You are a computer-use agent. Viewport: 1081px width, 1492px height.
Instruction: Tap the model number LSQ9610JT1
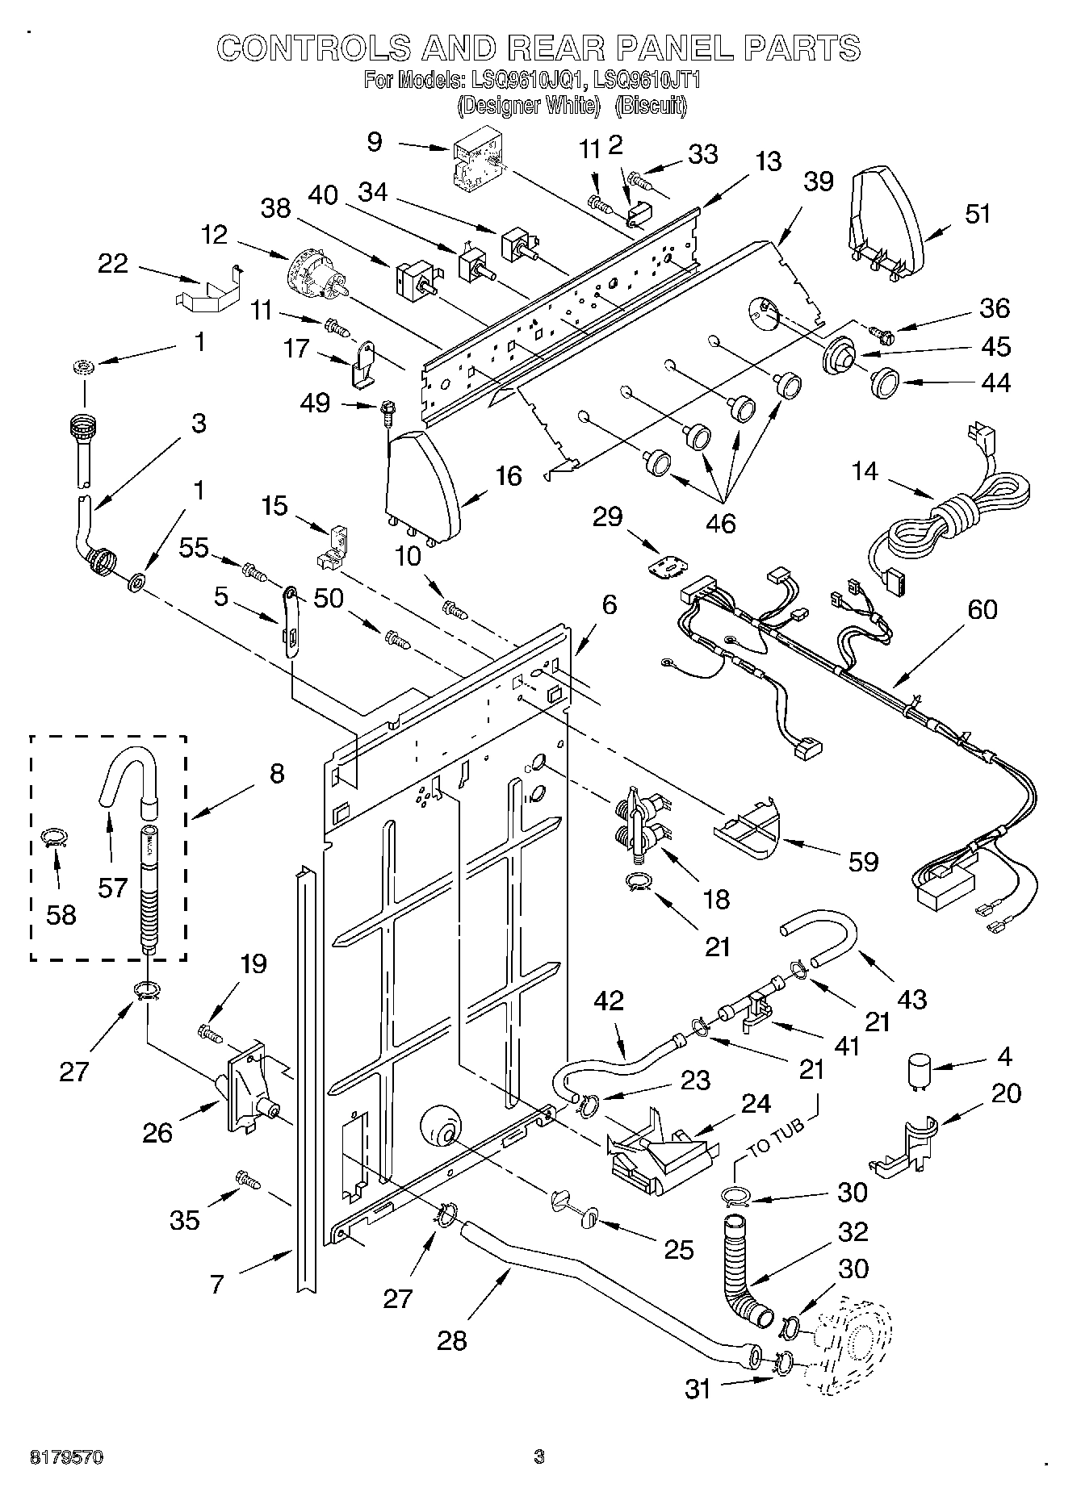point(646,81)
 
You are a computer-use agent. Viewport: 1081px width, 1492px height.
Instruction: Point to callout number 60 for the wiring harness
point(981,610)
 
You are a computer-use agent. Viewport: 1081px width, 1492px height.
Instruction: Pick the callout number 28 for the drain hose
point(451,1340)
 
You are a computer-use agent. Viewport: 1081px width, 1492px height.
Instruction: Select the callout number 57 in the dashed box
point(112,888)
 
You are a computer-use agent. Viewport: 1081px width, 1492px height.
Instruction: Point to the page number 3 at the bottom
point(539,1457)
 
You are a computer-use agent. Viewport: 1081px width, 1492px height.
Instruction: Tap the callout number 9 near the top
point(375,142)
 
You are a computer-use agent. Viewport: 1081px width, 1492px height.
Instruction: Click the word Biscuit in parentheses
point(652,105)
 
